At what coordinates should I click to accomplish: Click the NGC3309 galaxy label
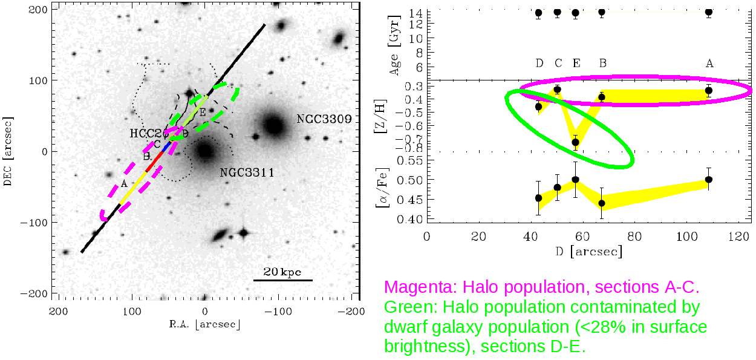click(324, 119)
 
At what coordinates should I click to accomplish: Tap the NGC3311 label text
click(247, 173)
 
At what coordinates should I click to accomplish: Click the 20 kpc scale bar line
click(283, 280)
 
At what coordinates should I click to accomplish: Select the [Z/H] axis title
click(383, 116)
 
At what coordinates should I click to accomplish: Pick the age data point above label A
click(709, 11)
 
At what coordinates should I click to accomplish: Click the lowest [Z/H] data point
click(576, 143)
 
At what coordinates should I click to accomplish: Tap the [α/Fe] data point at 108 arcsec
click(709, 179)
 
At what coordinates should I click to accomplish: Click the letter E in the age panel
click(576, 63)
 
